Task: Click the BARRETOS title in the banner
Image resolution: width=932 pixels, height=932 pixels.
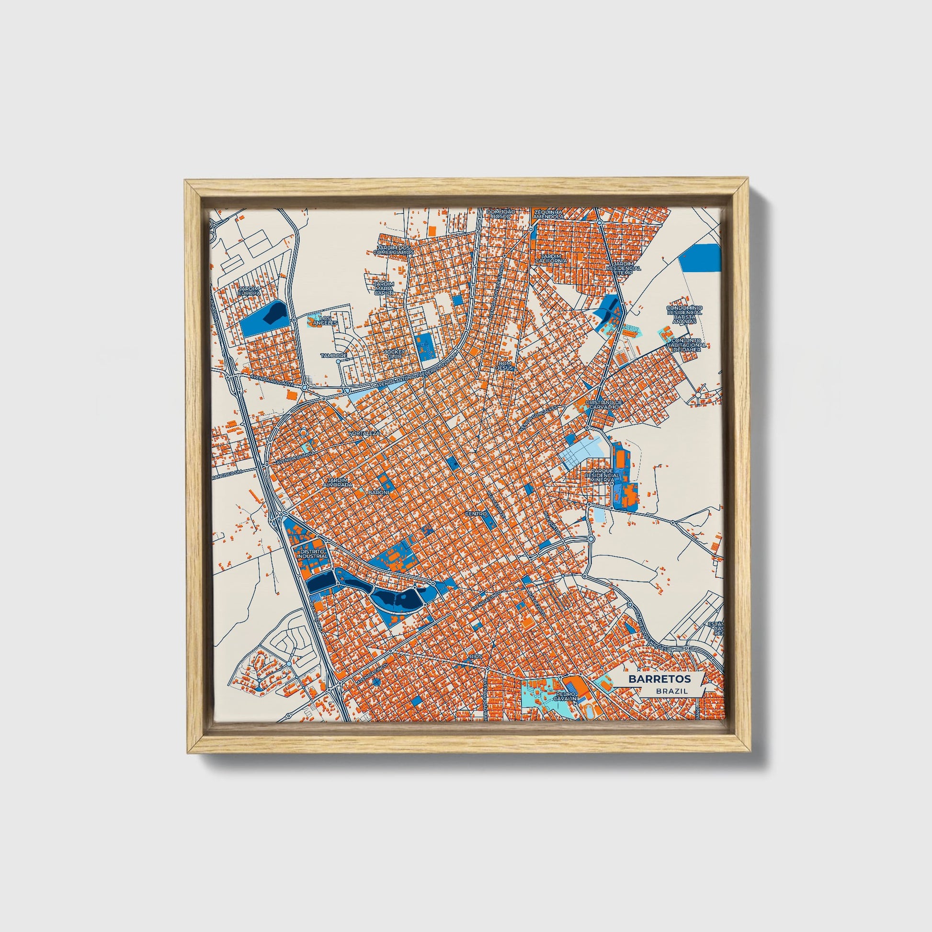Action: tap(659, 679)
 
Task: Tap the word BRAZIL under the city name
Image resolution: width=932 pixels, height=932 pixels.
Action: tap(671, 691)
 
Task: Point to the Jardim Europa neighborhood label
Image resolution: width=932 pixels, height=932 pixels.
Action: tap(250, 291)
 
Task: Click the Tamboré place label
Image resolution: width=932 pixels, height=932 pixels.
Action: tap(334, 355)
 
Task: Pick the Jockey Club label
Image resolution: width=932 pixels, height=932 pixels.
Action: tap(394, 353)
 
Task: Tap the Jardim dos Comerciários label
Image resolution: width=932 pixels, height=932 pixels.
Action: tap(395, 250)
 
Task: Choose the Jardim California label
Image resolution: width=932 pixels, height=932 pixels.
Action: tap(554, 259)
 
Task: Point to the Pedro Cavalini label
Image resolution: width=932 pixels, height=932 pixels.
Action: tap(565, 696)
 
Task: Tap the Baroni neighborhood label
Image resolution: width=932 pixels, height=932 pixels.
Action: tap(378, 492)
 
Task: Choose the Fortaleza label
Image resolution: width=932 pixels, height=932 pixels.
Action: tap(365, 433)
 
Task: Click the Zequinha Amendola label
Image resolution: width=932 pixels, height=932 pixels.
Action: tap(548, 214)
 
